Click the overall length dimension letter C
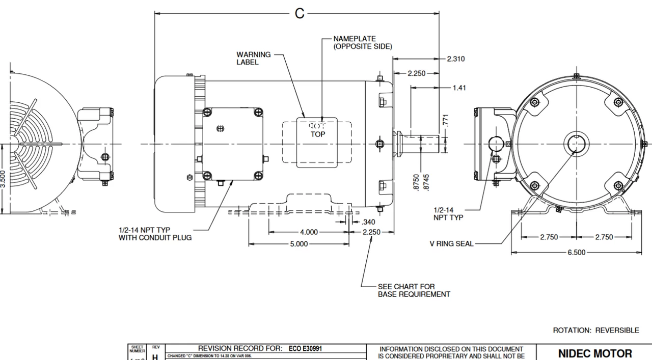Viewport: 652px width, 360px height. (x=300, y=14)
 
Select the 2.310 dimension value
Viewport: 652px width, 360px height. (x=455, y=59)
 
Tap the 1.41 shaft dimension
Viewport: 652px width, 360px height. (x=459, y=88)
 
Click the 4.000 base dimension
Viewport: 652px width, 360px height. (x=309, y=232)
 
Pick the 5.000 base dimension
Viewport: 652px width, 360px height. (x=299, y=244)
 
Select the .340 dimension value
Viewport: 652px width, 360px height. (x=368, y=222)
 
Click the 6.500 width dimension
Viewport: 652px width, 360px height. (x=576, y=253)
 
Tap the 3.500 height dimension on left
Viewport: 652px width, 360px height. (x=3, y=179)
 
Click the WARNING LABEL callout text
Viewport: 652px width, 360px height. (x=254, y=58)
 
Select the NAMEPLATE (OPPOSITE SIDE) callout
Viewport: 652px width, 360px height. (x=363, y=42)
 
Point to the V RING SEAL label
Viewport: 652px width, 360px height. (x=451, y=244)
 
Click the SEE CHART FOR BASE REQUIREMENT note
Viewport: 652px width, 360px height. (x=414, y=290)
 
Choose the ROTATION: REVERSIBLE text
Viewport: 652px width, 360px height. (x=595, y=330)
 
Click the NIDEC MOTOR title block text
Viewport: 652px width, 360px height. (x=595, y=353)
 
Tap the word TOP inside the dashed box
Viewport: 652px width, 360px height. (x=318, y=134)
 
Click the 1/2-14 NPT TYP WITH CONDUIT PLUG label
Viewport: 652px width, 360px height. (x=155, y=234)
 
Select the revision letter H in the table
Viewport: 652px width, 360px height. (x=155, y=357)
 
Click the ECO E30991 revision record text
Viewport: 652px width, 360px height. (x=305, y=349)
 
